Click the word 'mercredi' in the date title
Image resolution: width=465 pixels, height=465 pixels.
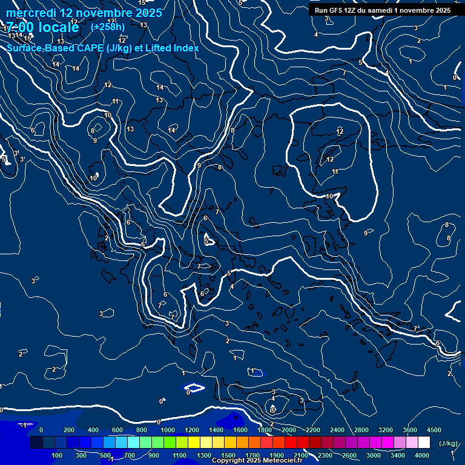click(30, 13)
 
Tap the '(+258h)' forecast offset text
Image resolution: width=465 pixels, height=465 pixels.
click(107, 27)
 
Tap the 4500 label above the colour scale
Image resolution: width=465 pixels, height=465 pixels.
click(434, 430)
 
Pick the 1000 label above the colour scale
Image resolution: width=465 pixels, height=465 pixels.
click(167, 430)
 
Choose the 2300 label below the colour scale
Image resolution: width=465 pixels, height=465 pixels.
click(325, 455)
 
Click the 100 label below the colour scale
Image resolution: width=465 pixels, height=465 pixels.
click(58, 455)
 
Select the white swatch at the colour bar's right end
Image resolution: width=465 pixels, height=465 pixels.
click(424, 443)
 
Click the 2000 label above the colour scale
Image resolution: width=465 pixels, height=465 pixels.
click(288, 430)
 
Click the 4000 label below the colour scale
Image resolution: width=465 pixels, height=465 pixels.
click(422, 455)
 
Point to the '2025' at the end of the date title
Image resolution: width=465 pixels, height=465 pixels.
click(148, 13)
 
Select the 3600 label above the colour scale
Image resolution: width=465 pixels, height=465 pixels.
click(409, 430)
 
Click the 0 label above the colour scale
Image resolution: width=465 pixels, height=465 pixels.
click(41, 430)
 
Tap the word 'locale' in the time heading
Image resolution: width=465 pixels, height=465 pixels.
click(58, 27)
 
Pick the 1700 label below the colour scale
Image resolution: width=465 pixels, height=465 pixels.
click(252, 455)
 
